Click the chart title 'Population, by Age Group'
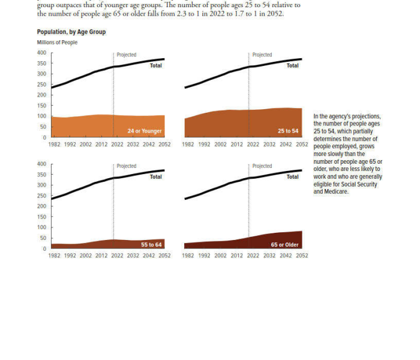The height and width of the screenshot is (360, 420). coord(71,32)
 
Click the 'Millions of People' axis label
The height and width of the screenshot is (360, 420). coord(57,43)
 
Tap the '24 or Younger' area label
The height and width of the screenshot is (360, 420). coord(144,131)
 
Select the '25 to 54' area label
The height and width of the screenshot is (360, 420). coord(288,131)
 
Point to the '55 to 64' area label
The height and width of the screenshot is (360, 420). coord(151,245)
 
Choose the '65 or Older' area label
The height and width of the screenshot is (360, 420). coord(284,245)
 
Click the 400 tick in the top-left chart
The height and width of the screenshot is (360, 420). coord(41,53)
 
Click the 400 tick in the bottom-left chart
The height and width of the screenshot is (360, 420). coord(41,164)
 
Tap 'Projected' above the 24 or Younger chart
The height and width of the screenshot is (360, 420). coord(126,55)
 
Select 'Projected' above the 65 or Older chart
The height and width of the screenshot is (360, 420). coord(262,166)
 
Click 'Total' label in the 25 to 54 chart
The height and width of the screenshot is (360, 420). coord(292,65)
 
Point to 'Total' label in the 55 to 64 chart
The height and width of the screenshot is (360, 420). coord(156,177)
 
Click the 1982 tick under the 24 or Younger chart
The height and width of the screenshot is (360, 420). coord(55,145)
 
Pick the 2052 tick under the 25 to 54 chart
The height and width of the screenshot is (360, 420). coord(302,145)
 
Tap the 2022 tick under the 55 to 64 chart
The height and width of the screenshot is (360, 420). coord(117,256)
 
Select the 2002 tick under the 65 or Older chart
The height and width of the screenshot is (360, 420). coord(221,256)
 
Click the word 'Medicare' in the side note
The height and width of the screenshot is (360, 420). coord(335,192)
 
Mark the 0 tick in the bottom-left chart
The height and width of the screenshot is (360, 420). coord(44,248)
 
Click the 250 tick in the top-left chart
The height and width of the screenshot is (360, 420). coord(41,85)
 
